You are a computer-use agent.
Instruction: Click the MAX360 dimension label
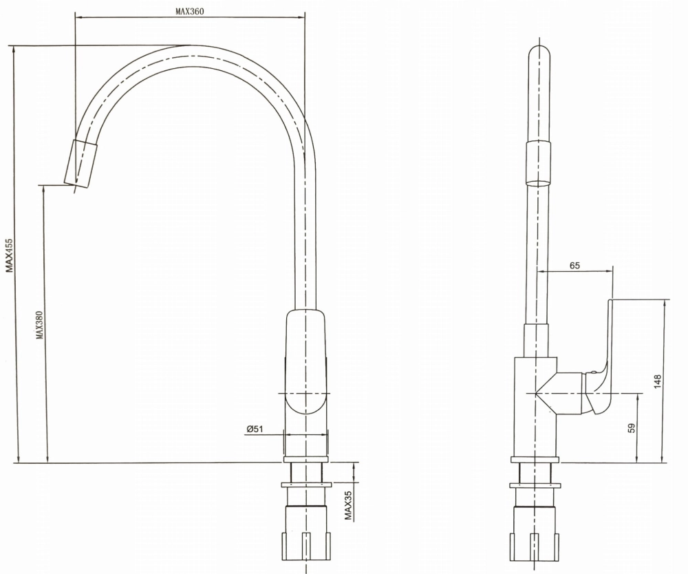(190, 12)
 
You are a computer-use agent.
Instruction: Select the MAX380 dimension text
(39, 325)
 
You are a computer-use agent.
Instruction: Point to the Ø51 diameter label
(255, 429)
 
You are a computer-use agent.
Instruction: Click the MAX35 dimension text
(348, 505)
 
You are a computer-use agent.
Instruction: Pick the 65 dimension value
(574, 266)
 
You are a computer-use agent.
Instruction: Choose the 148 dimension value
(657, 381)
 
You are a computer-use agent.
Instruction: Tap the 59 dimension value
(632, 428)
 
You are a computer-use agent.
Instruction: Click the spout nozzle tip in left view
(80, 163)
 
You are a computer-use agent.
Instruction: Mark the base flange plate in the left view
(305, 460)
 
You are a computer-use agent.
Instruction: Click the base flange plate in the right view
(535, 460)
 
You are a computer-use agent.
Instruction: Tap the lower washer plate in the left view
(306, 485)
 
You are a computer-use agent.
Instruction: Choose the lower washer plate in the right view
(535, 485)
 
